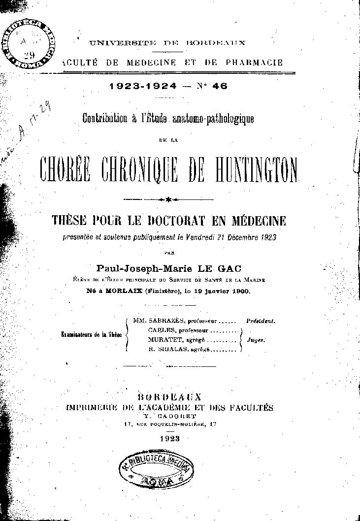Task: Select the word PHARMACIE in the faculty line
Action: tap(255, 63)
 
